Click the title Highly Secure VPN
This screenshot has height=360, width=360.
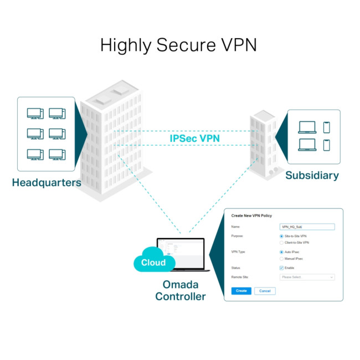pyautogui.click(x=178, y=45)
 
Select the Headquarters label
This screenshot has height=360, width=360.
pyautogui.click(x=47, y=182)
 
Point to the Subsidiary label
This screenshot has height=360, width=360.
pyautogui.click(x=312, y=176)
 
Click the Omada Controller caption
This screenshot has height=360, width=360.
pyautogui.click(x=180, y=291)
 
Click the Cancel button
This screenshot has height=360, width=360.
pyautogui.click(x=265, y=291)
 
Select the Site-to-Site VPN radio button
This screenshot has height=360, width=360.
pyautogui.click(x=282, y=236)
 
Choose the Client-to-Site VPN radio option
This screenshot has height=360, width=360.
pyautogui.click(x=282, y=243)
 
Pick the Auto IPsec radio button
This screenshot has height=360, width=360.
pyautogui.click(x=282, y=252)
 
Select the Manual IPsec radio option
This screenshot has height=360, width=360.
pyautogui.click(x=282, y=259)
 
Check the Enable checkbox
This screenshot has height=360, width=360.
pyautogui.click(x=282, y=268)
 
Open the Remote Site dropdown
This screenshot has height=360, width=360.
pyautogui.click(x=307, y=277)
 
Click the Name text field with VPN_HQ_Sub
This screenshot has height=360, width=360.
pyautogui.click(x=307, y=227)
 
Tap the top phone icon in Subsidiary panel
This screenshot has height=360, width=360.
pyautogui.click(x=326, y=127)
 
